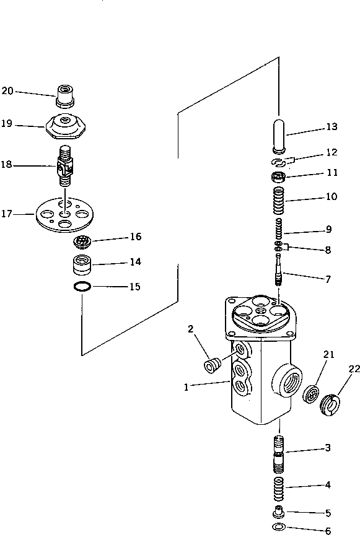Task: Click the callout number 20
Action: point(7,91)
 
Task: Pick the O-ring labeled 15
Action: point(82,287)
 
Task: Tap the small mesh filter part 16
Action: point(82,240)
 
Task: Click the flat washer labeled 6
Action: point(279,527)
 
